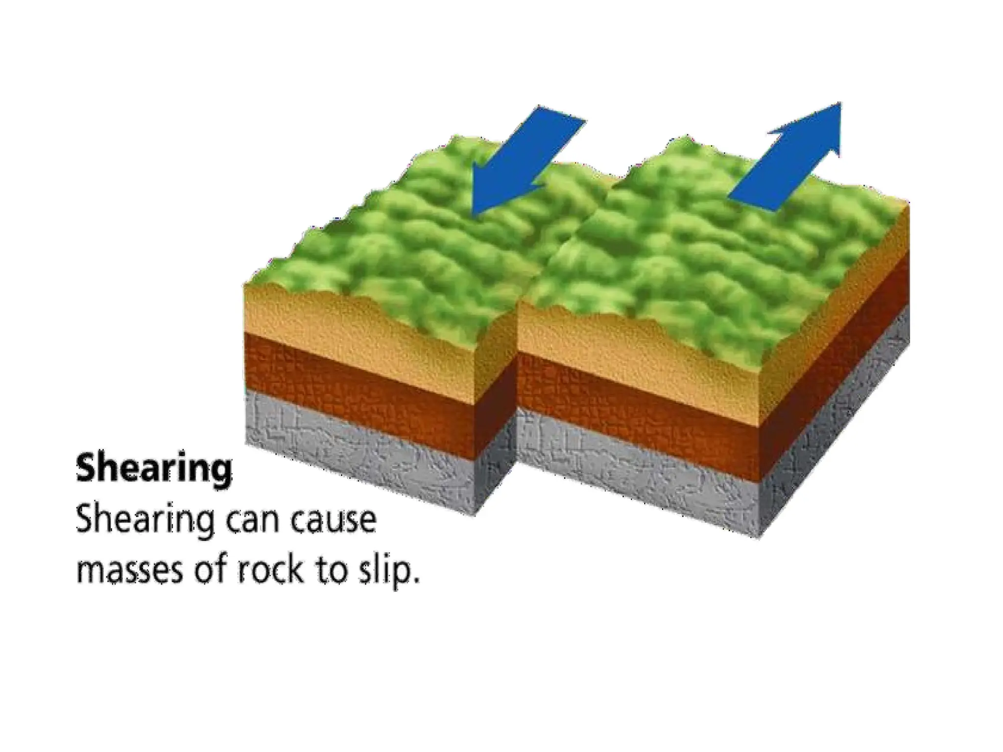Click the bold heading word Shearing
pyautogui.click(x=154, y=470)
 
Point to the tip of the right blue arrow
pyautogui.click(x=839, y=103)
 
